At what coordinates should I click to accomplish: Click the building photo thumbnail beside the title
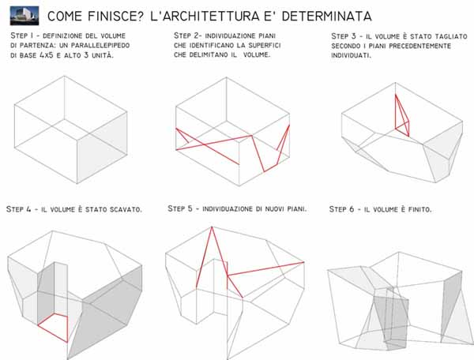[x=24, y=16]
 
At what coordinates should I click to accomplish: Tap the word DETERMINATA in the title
[x=326, y=17]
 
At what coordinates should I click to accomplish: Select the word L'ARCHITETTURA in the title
[x=205, y=17]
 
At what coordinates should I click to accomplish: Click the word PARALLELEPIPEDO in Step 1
[x=100, y=46]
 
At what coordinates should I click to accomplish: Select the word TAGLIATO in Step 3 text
[x=451, y=36]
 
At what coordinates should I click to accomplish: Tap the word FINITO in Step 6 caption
[x=419, y=209]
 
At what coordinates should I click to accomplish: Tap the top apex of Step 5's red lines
[x=212, y=227]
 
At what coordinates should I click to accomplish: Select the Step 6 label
[x=341, y=209]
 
